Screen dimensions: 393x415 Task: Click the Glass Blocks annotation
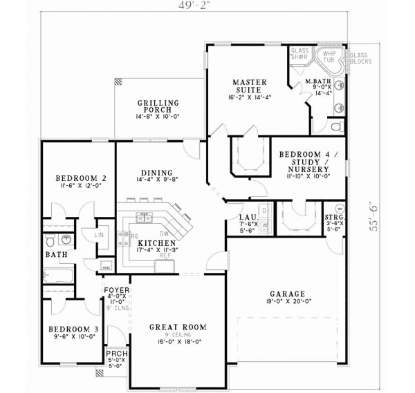tap(360, 58)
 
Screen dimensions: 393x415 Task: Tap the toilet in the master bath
tap(335, 126)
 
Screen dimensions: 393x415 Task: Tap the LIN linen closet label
tap(98, 236)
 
